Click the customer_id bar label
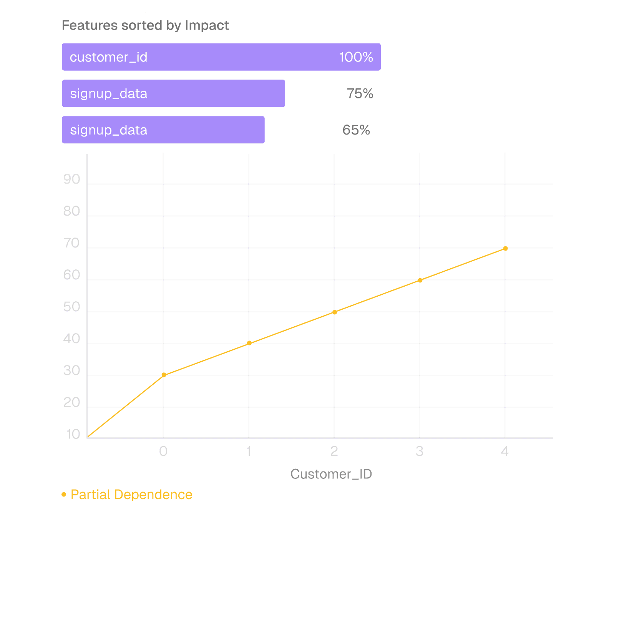[108, 57]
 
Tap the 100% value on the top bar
[356, 57]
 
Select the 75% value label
[360, 93]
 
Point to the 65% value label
[356, 130]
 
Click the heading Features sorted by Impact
[145, 25]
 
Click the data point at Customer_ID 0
[164, 375]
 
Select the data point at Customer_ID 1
[249, 343]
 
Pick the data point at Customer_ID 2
[335, 312]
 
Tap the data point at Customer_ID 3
[420, 281]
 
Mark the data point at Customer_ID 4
[505, 249]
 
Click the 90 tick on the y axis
[71, 179]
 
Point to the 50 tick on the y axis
[71, 307]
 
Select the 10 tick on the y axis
[73, 434]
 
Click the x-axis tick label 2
[334, 451]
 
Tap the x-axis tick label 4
[505, 451]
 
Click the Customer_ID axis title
[331, 474]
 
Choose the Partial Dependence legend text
[131, 495]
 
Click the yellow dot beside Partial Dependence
[64, 494]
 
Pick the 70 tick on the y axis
[71, 243]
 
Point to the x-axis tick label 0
[163, 451]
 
